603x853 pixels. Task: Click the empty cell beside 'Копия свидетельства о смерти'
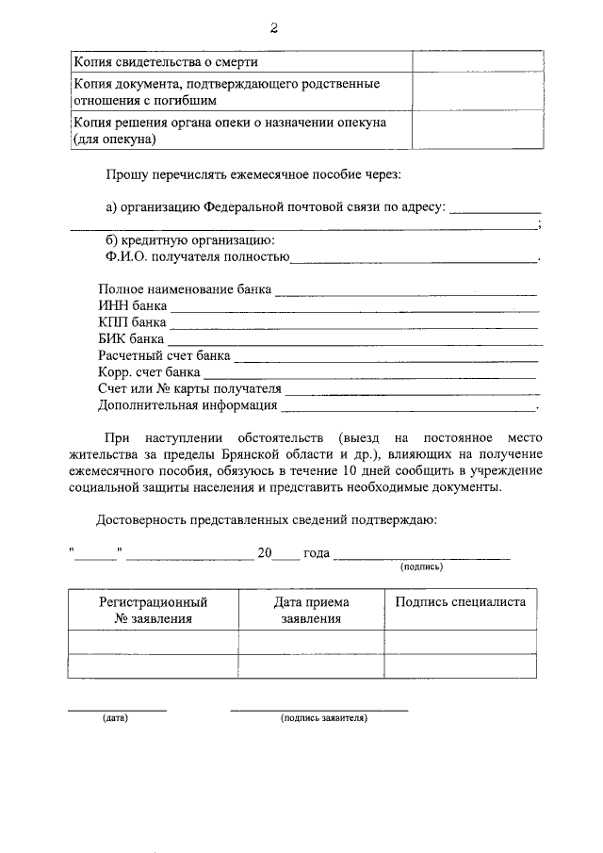pos(474,61)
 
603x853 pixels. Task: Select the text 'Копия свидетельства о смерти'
pos(166,62)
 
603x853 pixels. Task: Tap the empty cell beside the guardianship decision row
pos(474,131)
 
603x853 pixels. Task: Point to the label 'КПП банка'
pos(132,323)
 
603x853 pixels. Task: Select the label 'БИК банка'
pos(131,339)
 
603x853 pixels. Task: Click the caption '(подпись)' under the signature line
pos(422,567)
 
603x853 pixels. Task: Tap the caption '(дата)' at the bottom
pos(116,718)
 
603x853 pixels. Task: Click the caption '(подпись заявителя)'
pos(323,718)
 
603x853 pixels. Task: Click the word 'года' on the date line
pos(317,553)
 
